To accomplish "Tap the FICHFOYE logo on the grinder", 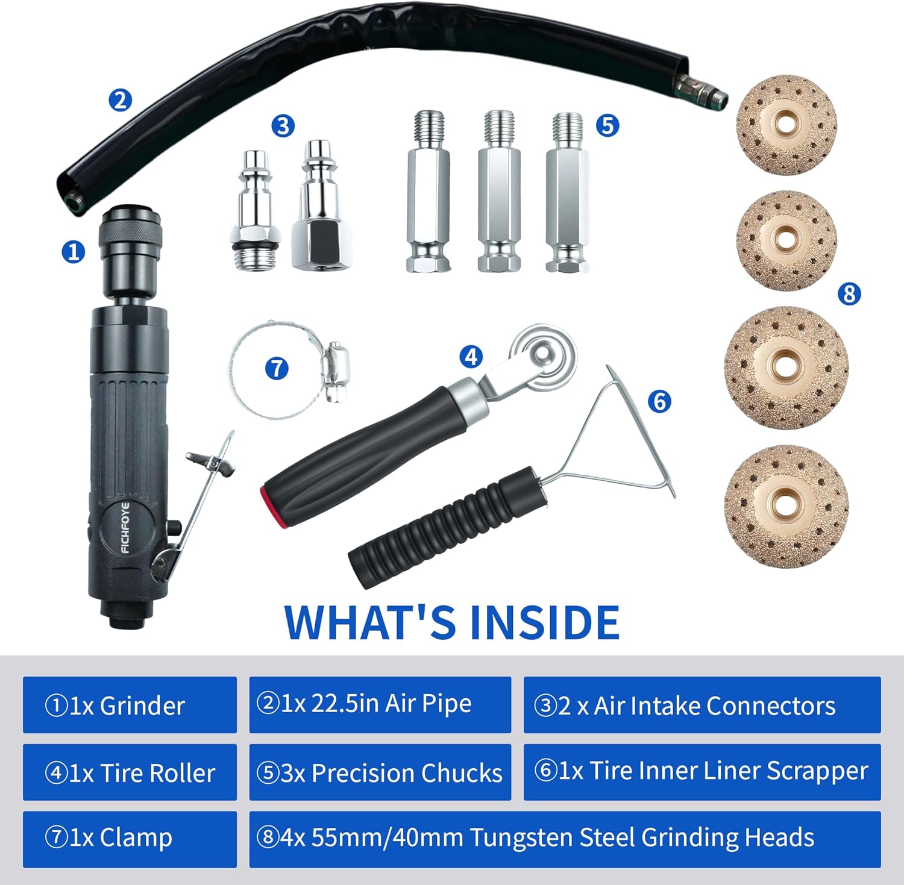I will pos(125,528).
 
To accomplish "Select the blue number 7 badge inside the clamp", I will pos(277,368).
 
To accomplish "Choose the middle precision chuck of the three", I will pos(499,192).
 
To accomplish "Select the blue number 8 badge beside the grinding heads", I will pos(849,293).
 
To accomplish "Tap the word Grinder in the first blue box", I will pos(142,706).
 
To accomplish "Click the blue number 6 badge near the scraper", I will pos(660,401).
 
